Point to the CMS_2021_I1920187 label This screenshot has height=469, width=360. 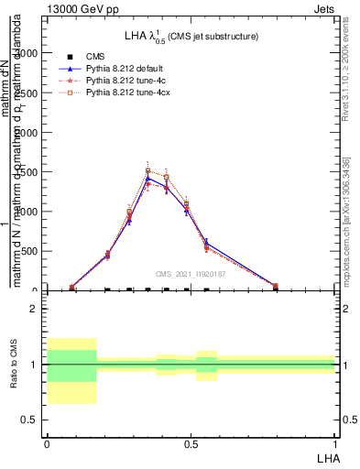point(191,273)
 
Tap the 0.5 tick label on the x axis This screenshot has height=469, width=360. point(191,444)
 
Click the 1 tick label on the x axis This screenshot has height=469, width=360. point(335,444)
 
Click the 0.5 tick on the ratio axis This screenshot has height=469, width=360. point(29,420)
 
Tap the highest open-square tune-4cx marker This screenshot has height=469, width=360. point(147,170)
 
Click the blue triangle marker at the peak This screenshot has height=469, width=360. point(147,178)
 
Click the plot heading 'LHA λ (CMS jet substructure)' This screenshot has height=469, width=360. point(191,36)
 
